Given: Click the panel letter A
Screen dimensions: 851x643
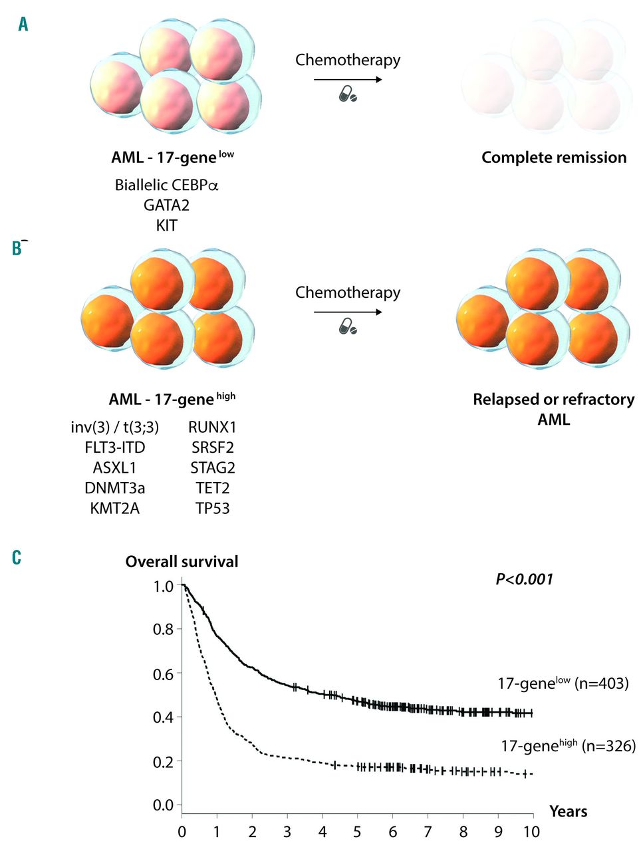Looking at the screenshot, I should [23, 25].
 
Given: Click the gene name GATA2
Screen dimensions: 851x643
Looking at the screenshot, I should [166, 205].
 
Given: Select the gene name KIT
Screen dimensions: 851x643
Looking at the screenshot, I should [166, 225].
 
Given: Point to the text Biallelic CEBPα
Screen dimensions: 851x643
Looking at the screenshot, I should [166, 185].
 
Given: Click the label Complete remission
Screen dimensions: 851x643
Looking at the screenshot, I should [554, 158].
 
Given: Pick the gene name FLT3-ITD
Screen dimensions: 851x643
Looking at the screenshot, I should [114, 447].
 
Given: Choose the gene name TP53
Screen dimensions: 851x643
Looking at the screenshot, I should [213, 509].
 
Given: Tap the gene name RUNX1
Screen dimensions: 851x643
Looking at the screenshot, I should [212, 427].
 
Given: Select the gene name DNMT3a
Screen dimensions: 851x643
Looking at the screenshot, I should [114, 488].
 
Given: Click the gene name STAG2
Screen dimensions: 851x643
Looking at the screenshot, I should [213, 468].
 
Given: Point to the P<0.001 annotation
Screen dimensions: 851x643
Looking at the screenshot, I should [524, 580].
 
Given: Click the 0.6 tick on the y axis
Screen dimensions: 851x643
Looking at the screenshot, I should [164, 673].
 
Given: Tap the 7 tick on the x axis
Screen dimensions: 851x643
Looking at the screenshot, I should [428, 832].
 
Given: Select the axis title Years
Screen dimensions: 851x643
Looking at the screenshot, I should [568, 811].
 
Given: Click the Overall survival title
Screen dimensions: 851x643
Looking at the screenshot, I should [182, 562].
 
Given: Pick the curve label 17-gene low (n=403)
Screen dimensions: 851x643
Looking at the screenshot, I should [563, 683].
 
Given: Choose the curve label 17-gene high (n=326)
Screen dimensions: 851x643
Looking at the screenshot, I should [568, 745].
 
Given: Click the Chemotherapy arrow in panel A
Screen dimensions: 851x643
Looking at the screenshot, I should [348, 80].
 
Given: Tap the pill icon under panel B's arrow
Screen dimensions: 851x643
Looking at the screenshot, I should [348, 327].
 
